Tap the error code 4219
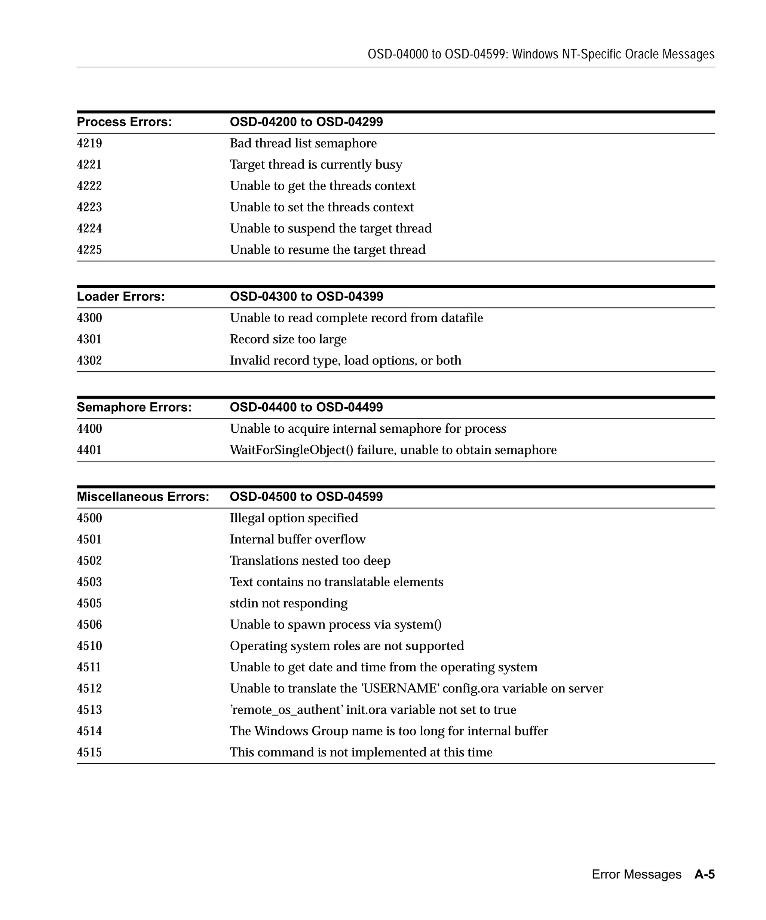[x=89, y=143]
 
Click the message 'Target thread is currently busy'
[x=316, y=165]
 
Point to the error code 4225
[x=89, y=250]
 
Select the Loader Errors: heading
[x=121, y=296]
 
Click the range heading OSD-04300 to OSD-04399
[x=306, y=296]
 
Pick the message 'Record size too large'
[x=288, y=339]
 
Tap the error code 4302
[x=89, y=360]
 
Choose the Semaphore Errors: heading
[x=134, y=408]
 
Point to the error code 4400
[x=89, y=429]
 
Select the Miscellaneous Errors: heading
[x=143, y=497]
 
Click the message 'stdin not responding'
[x=288, y=603]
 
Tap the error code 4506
[x=89, y=625]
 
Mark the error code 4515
[x=89, y=752]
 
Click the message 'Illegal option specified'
[x=294, y=518]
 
